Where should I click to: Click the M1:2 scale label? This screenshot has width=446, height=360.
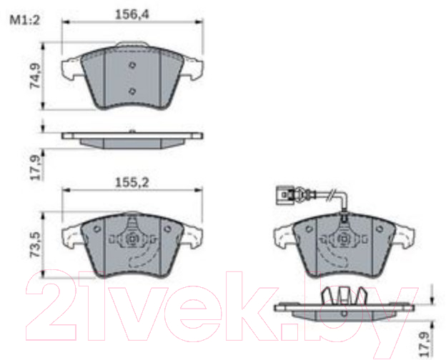coord(25,20)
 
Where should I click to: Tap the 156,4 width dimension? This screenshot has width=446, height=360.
coord(132,14)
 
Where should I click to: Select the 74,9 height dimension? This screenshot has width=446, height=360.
coord(36,76)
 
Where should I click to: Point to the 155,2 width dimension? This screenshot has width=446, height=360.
coord(132,183)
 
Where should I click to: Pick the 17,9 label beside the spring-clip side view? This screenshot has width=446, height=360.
coord(424,344)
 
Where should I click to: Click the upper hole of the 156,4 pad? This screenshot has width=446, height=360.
coord(132,65)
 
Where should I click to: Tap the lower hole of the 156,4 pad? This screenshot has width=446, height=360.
coord(132,91)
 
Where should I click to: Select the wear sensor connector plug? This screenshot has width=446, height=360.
coord(286,195)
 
